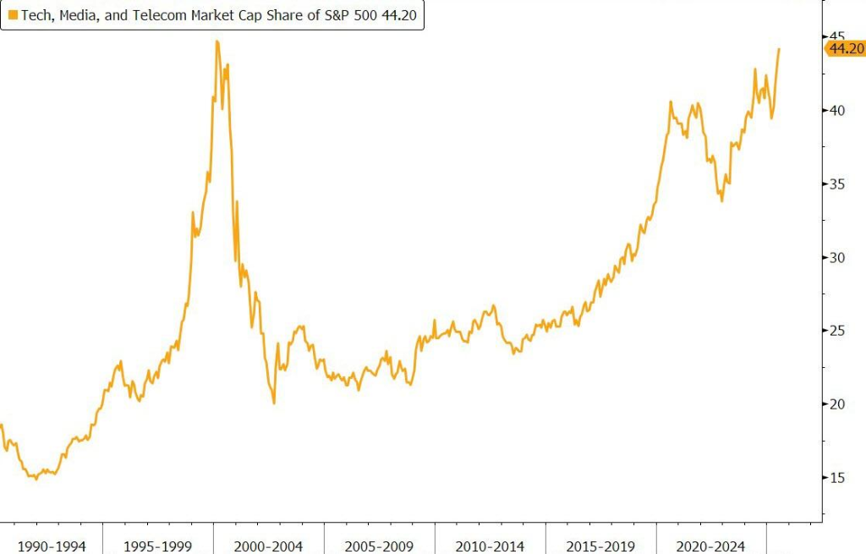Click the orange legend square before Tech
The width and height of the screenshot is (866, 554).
[x=13, y=14]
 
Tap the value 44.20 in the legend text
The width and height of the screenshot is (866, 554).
[x=397, y=15]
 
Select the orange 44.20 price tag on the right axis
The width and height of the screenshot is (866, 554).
[x=845, y=49]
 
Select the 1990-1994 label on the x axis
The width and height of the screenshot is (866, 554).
[x=52, y=546]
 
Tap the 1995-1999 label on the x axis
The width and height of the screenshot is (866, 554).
[x=157, y=546]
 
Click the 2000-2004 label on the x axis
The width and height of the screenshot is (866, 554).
[x=268, y=546]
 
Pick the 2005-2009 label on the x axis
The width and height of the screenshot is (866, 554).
[x=379, y=546]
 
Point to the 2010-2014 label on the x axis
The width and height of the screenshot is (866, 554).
[x=490, y=546]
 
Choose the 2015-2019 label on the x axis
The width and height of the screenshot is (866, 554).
[x=600, y=546]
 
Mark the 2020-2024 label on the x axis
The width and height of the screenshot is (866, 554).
[x=711, y=546]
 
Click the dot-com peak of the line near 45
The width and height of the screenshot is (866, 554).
[x=217, y=41]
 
